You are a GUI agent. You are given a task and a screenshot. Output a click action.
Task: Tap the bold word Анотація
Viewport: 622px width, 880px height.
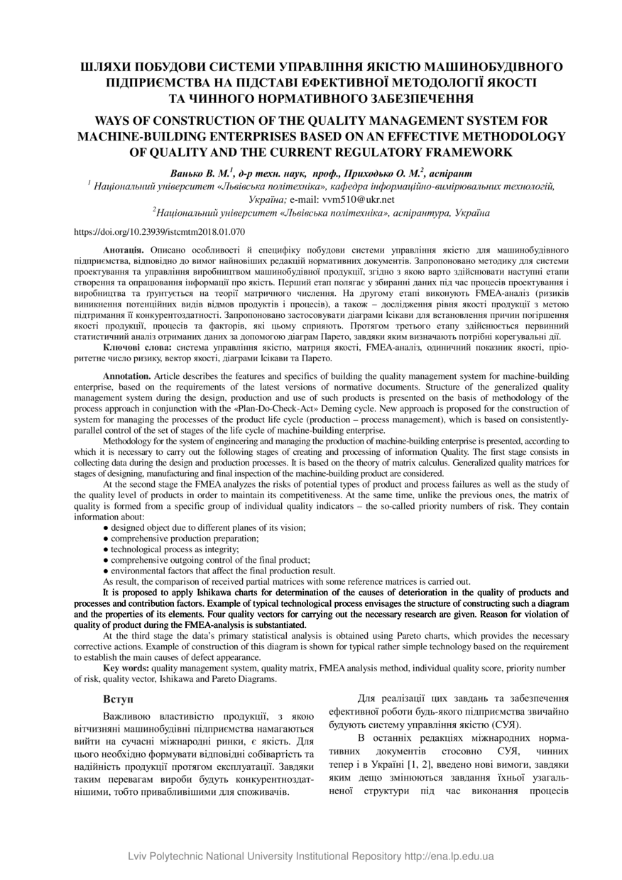(x=124, y=251)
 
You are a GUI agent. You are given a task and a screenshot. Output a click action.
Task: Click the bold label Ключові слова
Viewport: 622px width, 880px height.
(x=137, y=348)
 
